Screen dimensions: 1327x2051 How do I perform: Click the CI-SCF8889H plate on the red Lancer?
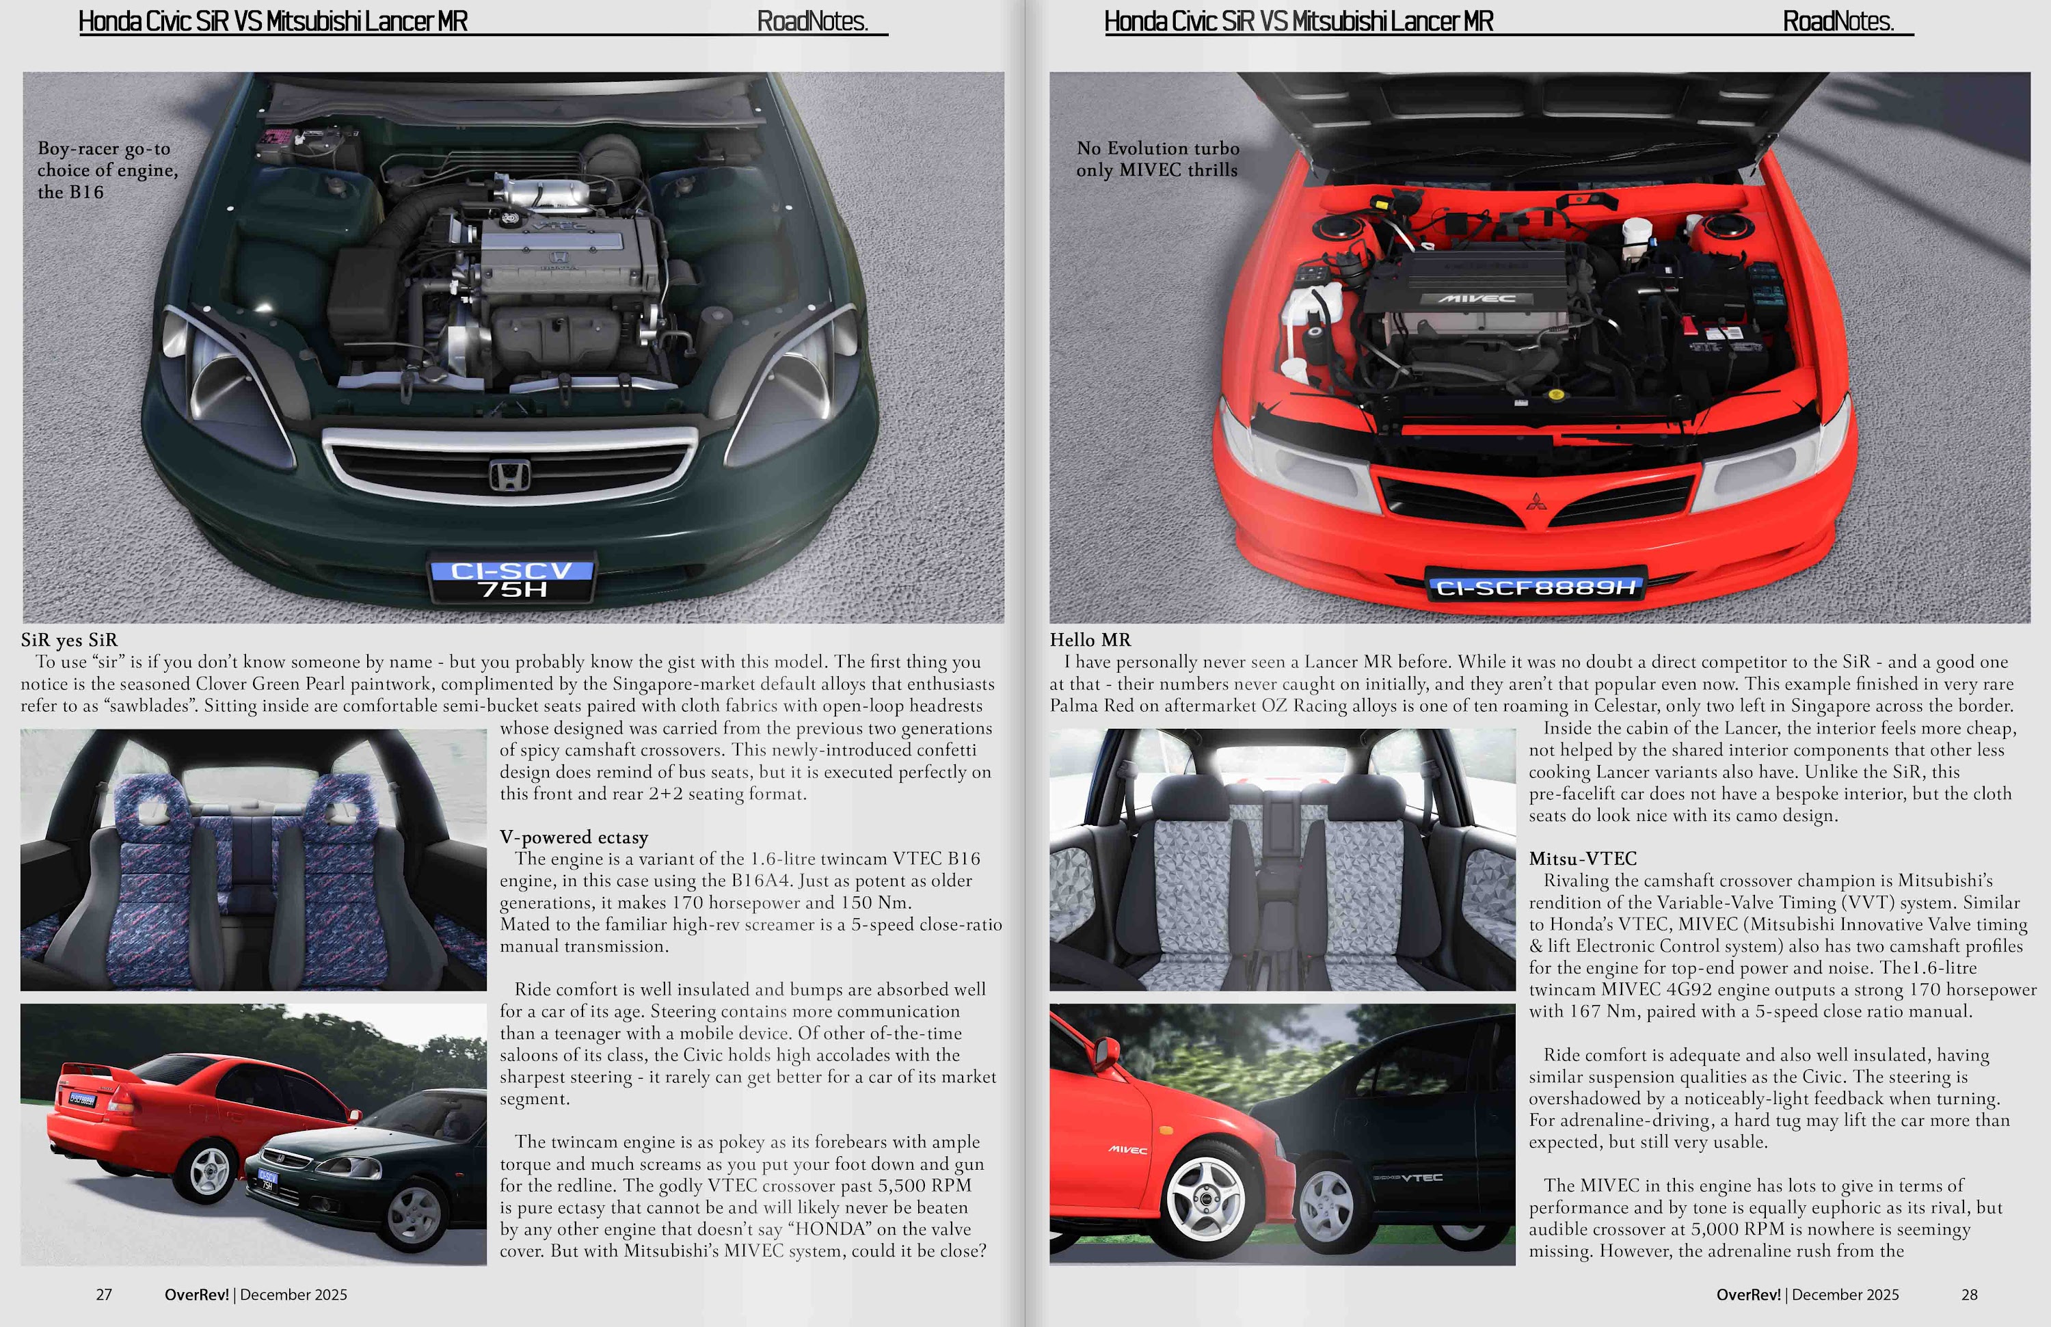pyautogui.click(x=1536, y=588)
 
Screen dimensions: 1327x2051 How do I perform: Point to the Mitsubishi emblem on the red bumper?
pyautogui.click(x=1535, y=500)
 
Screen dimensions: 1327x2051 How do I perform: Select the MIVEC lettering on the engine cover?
pyautogui.click(x=1476, y=299)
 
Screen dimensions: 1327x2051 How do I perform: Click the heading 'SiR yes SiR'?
pyautogui.click(x=70, y=639)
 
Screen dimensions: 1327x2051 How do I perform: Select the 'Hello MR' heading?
pyautogui.click(x=1090, y=639)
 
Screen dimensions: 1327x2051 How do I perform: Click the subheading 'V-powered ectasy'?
pyautogui.click(x=574, y=837)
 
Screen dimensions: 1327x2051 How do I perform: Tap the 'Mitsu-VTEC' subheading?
pyautogui.click(x=1582, y=858)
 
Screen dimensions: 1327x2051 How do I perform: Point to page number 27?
pyautogui.click(x=103, y=1294)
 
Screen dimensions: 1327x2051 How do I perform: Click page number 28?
pyautogui.click(x=1969, y=1294)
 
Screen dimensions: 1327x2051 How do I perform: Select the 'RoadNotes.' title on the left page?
pyautogui.click(x=812, y=22)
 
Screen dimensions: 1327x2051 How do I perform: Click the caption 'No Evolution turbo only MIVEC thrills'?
pyautogui.click(x=1157, y=159)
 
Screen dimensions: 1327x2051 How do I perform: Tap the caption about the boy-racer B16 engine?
pyautogui.click(x=107, y=170)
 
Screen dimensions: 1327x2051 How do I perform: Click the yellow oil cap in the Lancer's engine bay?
pyautogui.click(x=1556, y=394)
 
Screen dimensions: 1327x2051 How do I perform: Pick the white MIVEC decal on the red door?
pyautogui.click(x=1127, y=1149)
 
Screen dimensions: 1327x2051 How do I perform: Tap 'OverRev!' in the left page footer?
pyautogui.click(x=196, y=1294)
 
